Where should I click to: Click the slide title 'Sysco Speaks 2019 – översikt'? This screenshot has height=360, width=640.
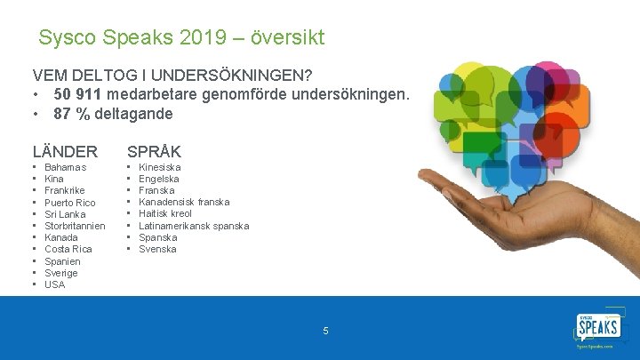[x=181, y=38]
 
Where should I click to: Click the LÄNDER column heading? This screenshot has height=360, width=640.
[x=65, y=152]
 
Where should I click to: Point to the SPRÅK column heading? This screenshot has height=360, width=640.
[x=154, y=152]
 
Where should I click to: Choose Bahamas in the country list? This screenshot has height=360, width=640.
[x=65, y=167]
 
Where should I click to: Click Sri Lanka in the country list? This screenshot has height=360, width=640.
[x=65, y=214]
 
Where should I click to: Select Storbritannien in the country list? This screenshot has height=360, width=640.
[x=75, y=226]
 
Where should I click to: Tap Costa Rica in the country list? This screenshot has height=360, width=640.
[x=68, y=250]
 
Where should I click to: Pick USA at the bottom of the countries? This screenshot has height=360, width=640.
[x=55, y=284]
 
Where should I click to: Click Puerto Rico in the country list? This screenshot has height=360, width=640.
[x=69, y=203]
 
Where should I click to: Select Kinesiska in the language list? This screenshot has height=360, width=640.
[x=159, y=167]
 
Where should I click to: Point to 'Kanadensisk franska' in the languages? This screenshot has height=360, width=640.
[x=184, y=203]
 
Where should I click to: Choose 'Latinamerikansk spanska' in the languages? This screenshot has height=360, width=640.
[x=194, y=226]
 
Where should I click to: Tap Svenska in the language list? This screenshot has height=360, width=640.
[x=157, y=249]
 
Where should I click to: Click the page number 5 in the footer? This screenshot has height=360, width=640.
[x=325, y=331]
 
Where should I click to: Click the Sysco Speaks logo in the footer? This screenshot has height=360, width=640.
[x=599, y=331]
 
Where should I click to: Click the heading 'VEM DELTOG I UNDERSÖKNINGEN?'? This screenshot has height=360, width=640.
[x=178, y=76]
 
